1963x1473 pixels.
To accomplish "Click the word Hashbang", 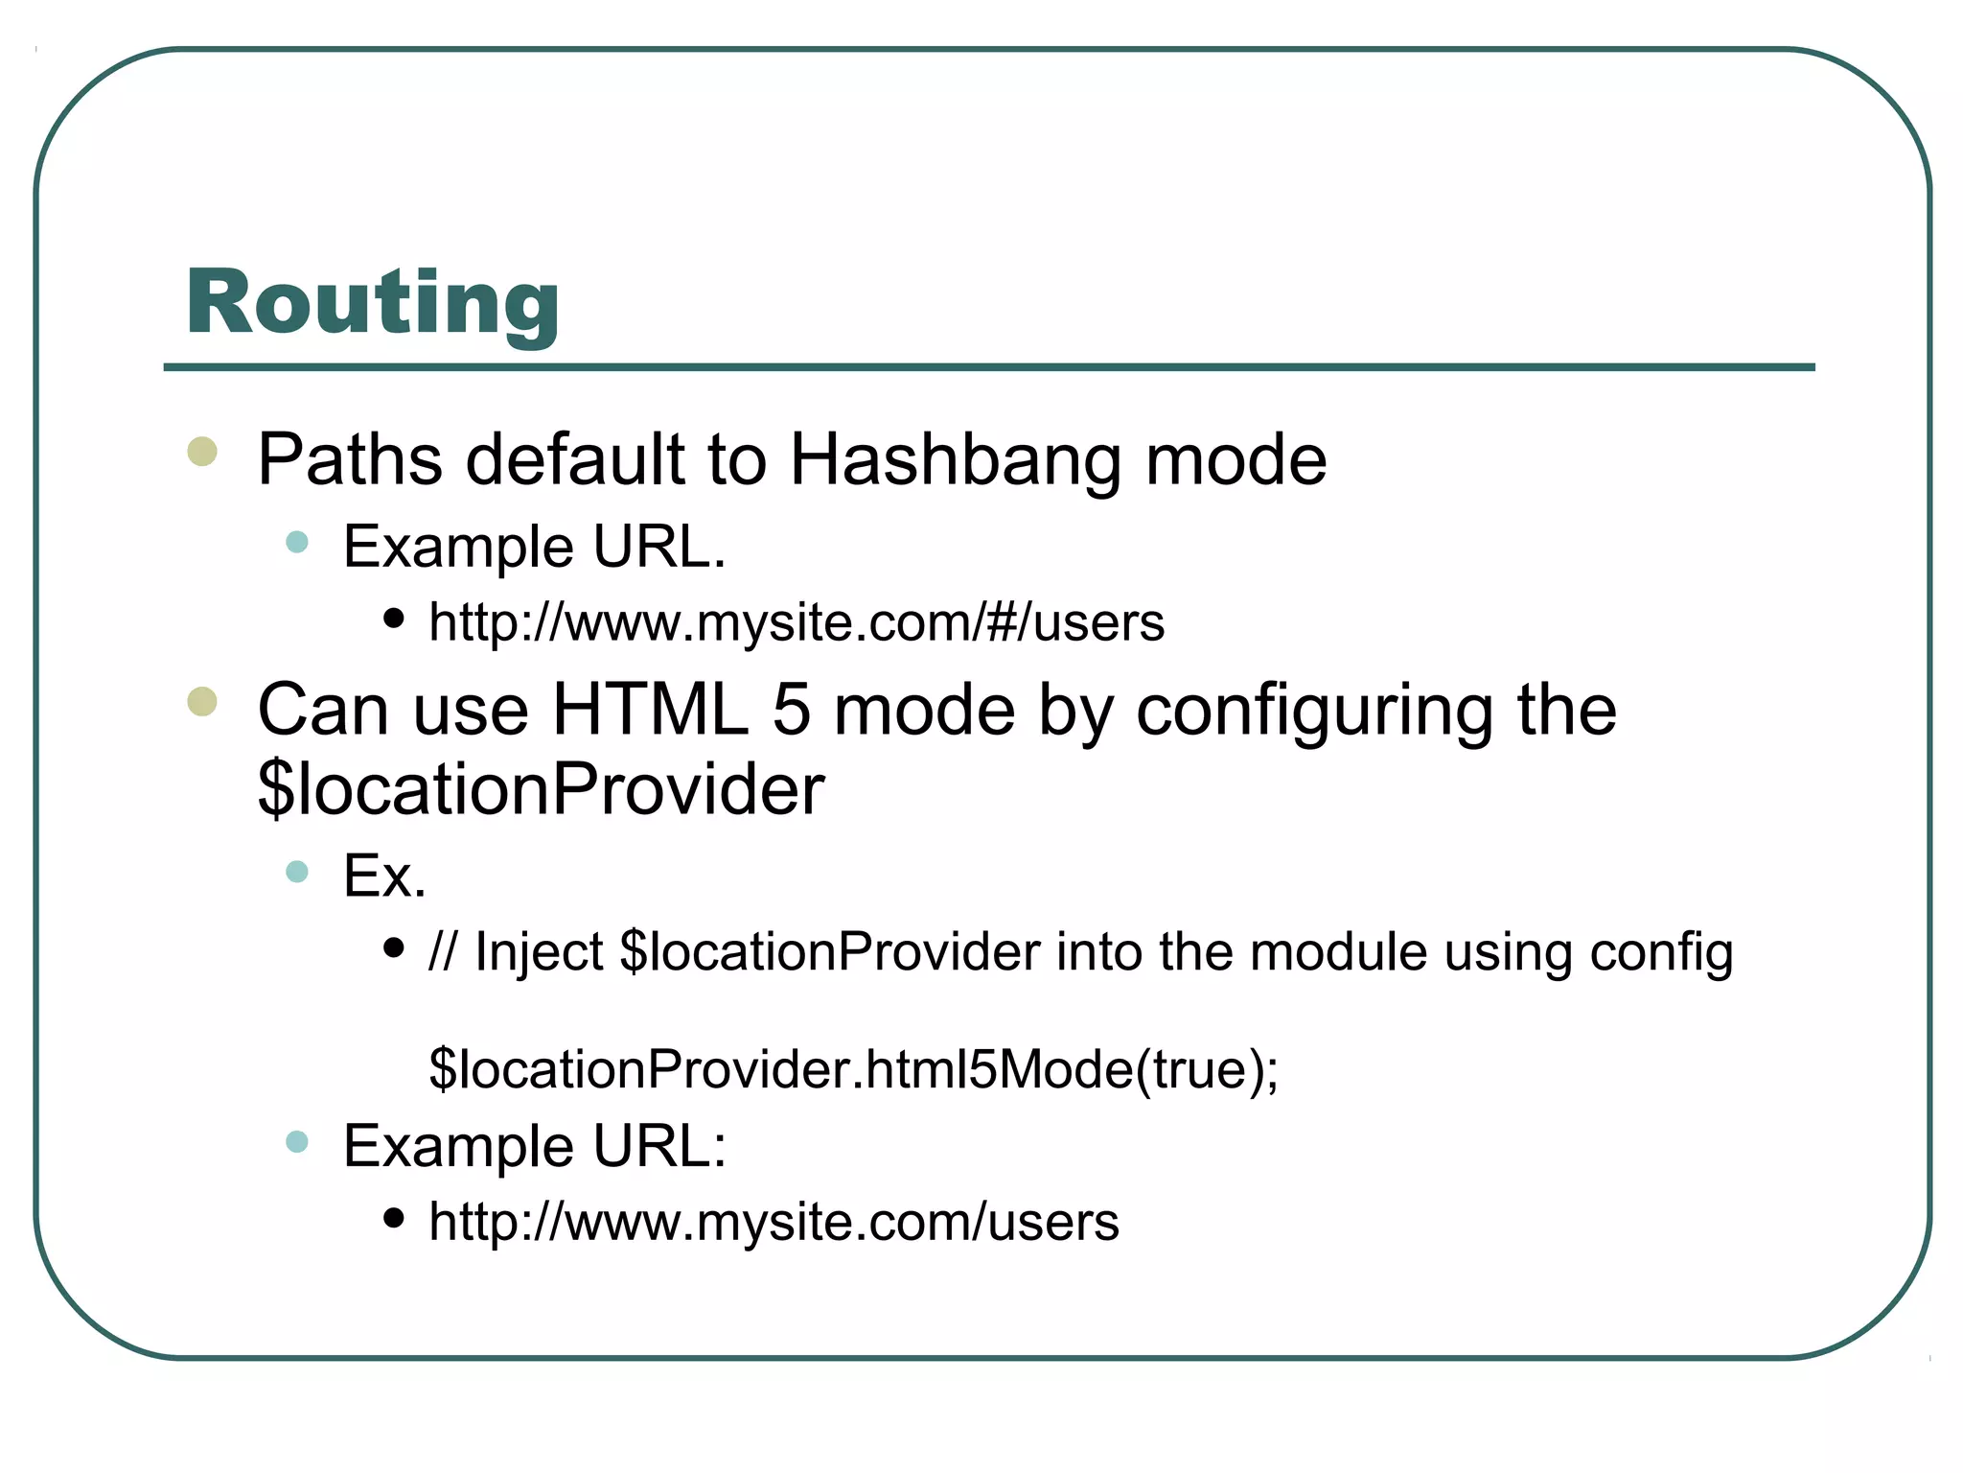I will pyautogui.click(x=955, y=460).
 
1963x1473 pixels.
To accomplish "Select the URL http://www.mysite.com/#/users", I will pyautogui.click(x=797, y=622).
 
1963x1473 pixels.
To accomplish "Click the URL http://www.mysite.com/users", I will pyautogui.click(x=774, y=1222).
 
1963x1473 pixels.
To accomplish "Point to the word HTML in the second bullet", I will pyautogui.click(x=650, y=711).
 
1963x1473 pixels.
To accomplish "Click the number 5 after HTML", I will pyautogui.click(x=791, y=711).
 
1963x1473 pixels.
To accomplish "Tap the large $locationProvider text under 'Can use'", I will pyautogui.click(x=541, y=789).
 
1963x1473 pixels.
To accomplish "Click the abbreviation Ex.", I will pyautogui.click(x=384, y=876).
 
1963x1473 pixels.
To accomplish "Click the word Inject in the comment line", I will pyautogui.click(x=539, y=952).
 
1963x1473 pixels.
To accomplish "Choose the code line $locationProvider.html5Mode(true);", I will pyautogui.click(x=853, y=1069).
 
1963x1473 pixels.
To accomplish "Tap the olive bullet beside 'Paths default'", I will pyautogui.click(x=202, y=451).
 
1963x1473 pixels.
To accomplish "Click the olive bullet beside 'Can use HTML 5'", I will pyautogui.click(x=202, y=701).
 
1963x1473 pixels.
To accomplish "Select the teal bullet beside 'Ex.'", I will pyautogui.click(x=297, y=872).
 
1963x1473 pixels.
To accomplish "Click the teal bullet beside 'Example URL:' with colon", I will pyautogui.click(x=297, y=1141).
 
